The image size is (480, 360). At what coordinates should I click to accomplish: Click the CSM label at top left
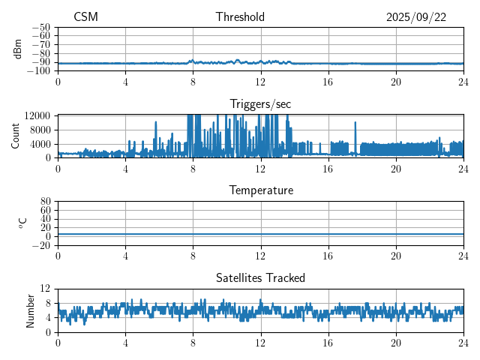click(x=85, y=17)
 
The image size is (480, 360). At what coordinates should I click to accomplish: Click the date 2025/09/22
click(x=416, y=17)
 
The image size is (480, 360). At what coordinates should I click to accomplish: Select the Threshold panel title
click(x=240, y=17)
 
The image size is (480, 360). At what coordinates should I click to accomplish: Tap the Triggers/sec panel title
click(x=260, y=103)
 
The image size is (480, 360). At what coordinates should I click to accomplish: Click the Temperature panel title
click(x=260, y=190)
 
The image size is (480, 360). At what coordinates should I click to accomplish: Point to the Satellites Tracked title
click(x=260, y=278)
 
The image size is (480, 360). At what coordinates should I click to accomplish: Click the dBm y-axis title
click(x=18, y=49)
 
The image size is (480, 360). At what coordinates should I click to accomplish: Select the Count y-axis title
click(x=16, y=136)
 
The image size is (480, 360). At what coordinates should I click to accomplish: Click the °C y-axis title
click(x=22, y=223)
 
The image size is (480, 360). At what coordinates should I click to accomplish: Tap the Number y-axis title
click(x=31, y=310)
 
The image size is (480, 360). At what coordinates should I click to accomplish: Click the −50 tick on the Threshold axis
click(x=41, y=27)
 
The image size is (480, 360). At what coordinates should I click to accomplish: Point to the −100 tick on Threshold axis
click(x=38, y=71)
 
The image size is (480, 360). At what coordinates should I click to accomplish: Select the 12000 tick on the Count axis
click(x=36, y=115)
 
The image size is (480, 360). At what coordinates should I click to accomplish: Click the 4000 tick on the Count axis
click(x=39, y=144)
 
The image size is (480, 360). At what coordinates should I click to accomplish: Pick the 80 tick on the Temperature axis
click(x=45, y=202)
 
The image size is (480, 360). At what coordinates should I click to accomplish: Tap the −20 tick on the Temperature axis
click(x=41, y=246)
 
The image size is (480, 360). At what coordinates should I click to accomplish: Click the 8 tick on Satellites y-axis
click(x=47, y=303)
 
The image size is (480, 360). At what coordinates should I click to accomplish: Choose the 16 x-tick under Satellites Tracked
click(x=328, y=343)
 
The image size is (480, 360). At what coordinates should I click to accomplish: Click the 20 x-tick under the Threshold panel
click(x=396, y=81)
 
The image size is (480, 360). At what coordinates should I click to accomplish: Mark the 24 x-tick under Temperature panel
click(x=463, y=256)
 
